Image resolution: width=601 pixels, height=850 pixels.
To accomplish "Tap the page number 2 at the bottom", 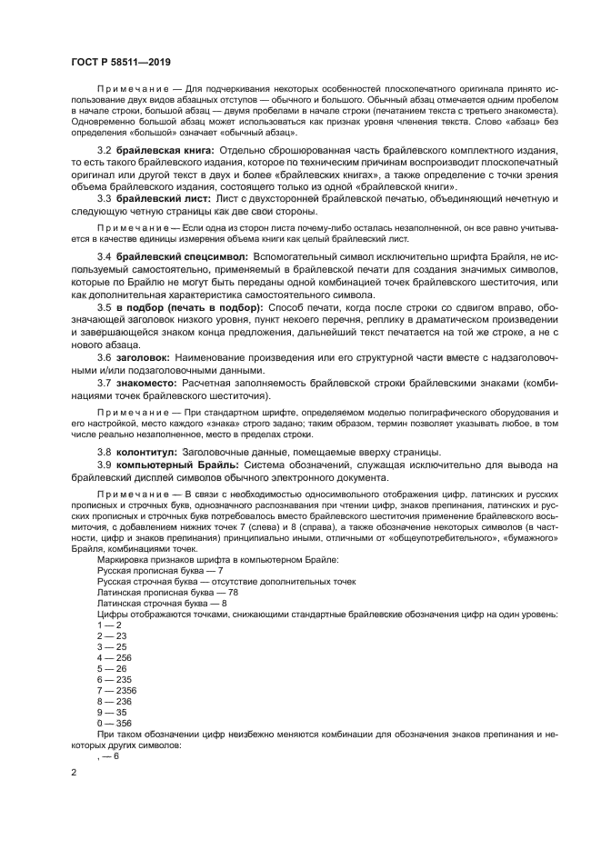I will pyautogui.click(x=73, y=772).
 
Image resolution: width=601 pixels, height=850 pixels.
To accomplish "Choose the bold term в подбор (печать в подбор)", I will pyautogui.click(x=187, y=307).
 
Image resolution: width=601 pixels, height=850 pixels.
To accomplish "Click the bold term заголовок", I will pyautogui.click(x=141, y=357).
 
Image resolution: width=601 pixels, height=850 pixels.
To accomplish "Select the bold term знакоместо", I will pyautogui.click(x=147, y=382).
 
